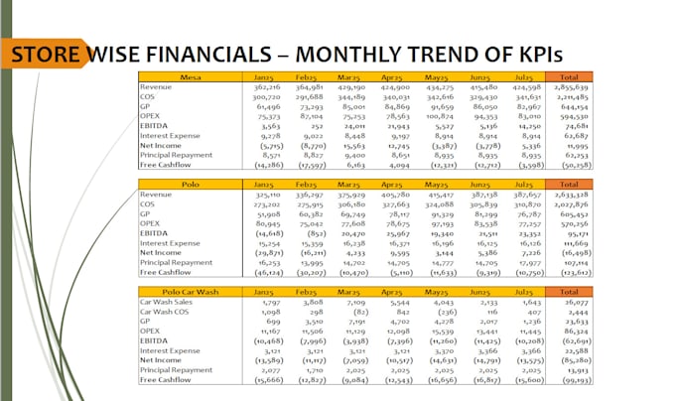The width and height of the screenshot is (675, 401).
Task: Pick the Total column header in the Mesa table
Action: pos(569,76)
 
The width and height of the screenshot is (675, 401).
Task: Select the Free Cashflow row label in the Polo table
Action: pos(165,270)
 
